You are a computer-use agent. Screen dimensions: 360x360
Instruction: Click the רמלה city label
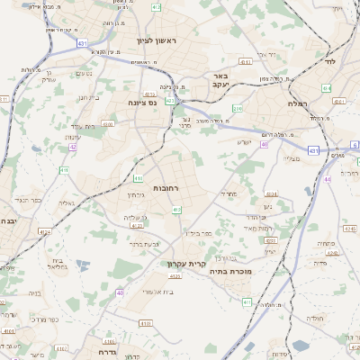(299, 104)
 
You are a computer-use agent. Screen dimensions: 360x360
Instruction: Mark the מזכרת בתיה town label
(231, 269)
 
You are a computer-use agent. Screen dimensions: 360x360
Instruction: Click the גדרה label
(107, 352)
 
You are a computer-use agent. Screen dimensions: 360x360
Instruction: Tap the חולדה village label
(314, 318)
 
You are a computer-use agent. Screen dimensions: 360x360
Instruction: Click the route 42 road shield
(72, 146)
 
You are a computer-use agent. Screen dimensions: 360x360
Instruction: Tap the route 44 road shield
(328, 179)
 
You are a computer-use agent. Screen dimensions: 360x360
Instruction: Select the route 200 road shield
(238, 109)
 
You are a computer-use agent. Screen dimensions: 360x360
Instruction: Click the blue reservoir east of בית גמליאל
(83, 266)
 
